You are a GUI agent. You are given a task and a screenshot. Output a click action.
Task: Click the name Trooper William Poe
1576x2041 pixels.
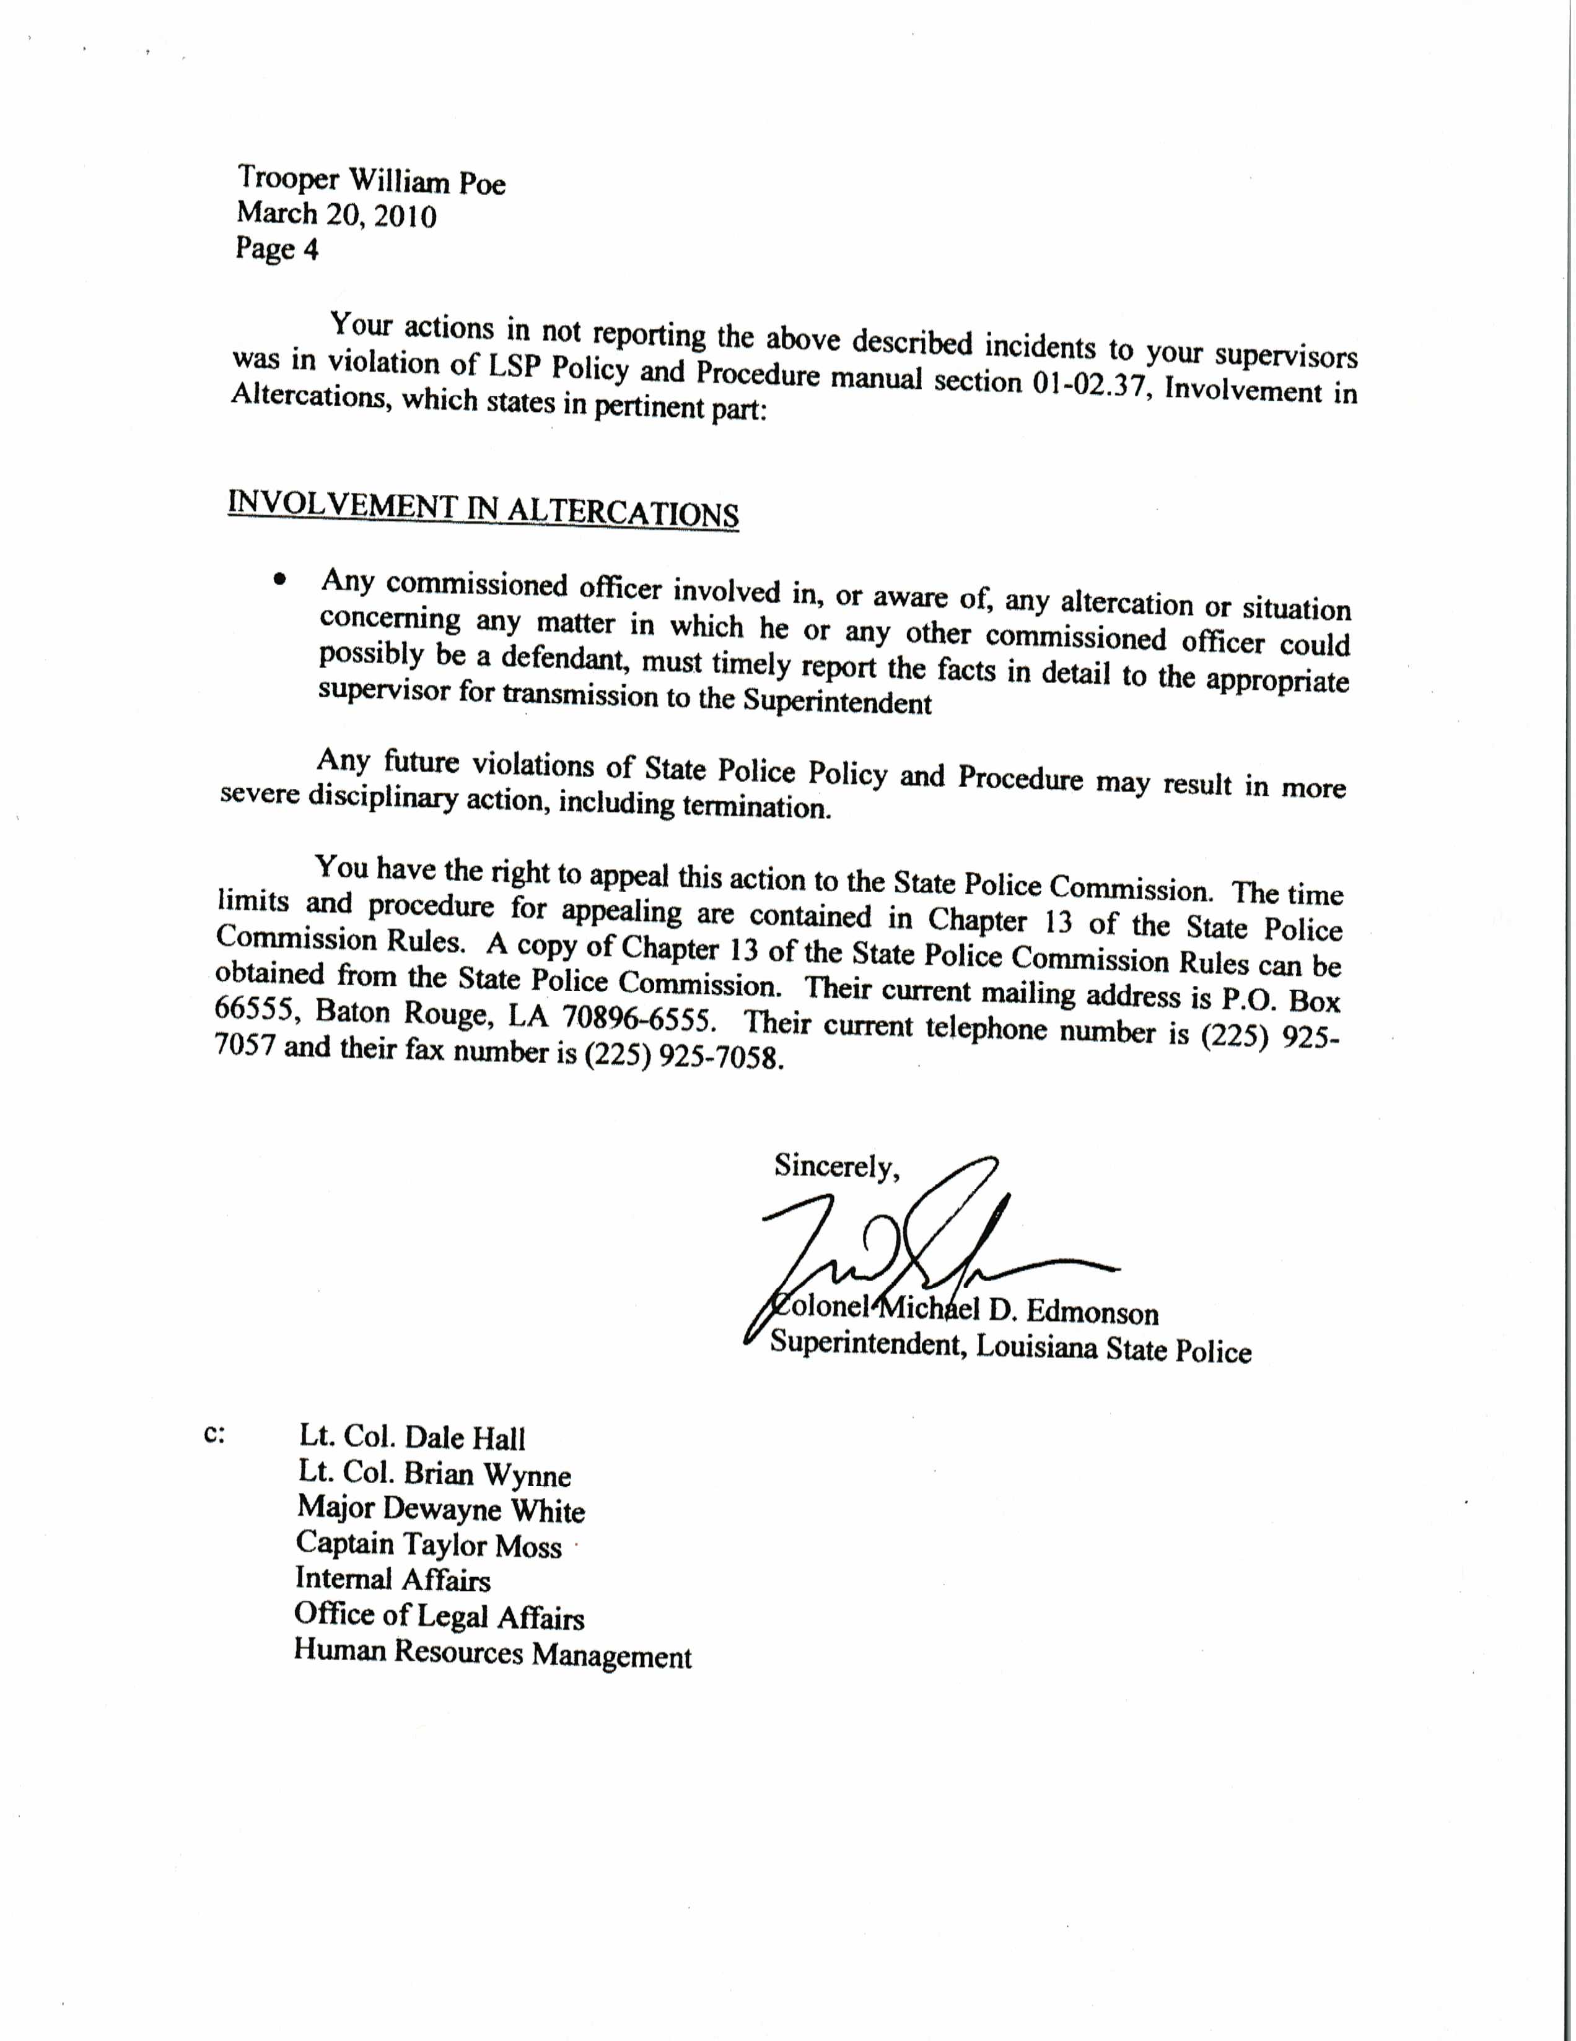pyautogui.click(x=371, y=180)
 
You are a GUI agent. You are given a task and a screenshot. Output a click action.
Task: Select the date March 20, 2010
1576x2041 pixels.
pyautogui.click(x=336, y=215)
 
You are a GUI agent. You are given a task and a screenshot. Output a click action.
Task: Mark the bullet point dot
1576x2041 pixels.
pyautogui.click(x=279, y=580)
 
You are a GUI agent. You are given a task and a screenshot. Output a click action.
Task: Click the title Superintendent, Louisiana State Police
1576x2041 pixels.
pyautogui.click(x=1010, y=1349)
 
